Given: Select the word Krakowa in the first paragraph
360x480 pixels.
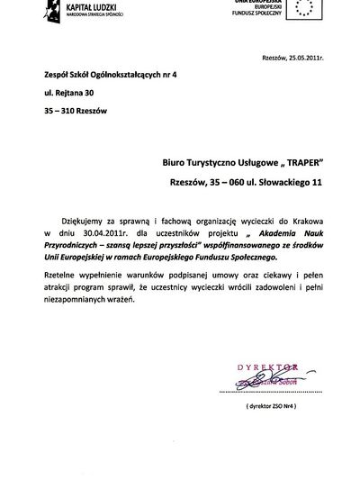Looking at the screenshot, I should pyautogui.click(x=301, y=219).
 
